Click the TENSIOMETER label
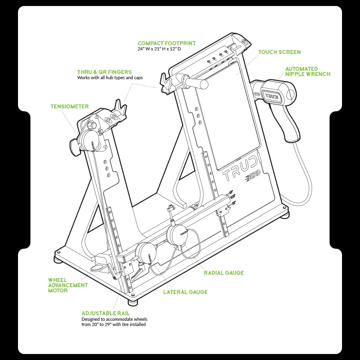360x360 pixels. tap(70, 106)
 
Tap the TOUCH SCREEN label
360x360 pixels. tap(280, 52)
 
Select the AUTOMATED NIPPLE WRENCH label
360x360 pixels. tap(308, 72)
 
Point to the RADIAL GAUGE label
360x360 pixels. tap(224, 273)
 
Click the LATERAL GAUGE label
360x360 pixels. tap(185, 292)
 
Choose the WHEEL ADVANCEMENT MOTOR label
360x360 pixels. tap(68, 285)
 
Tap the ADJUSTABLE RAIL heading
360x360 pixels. tap(106, 313)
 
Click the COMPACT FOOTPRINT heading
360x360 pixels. tap(167, 43)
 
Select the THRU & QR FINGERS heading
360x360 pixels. tap(104, 72)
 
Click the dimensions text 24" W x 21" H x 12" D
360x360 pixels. tap(159, 49)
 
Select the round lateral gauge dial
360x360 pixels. tap(146, 253)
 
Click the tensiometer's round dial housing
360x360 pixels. tap(90, 141)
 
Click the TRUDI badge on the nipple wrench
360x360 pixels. tap(272, 96)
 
